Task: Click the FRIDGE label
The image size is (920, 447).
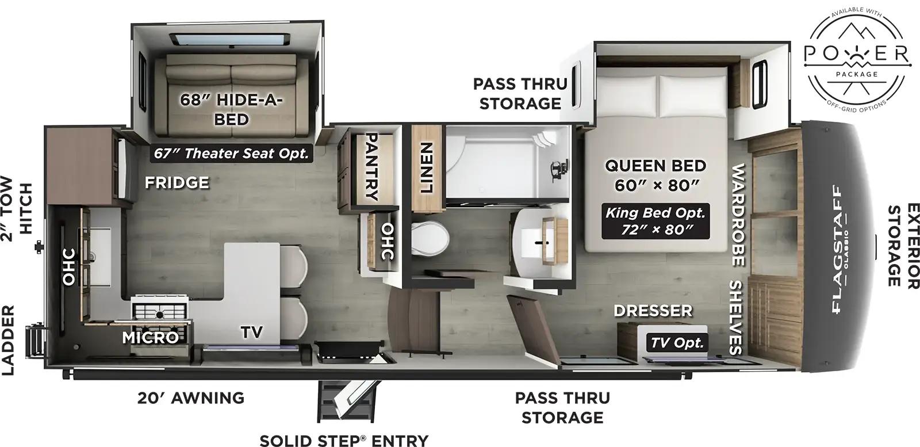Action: tap(177, 183)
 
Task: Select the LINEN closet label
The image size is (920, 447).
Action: tap(426, 167)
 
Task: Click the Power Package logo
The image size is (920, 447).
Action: tap(856, 59)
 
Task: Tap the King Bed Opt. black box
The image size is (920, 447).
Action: tap(655, 221)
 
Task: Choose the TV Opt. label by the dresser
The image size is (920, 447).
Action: tap(677, 343)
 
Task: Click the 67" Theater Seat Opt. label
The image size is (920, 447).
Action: tap(231, 154)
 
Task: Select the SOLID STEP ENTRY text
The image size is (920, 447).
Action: tap(344, 440)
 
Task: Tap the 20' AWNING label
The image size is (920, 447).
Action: tap(191, 398)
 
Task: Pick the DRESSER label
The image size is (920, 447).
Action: tap(653, 311)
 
